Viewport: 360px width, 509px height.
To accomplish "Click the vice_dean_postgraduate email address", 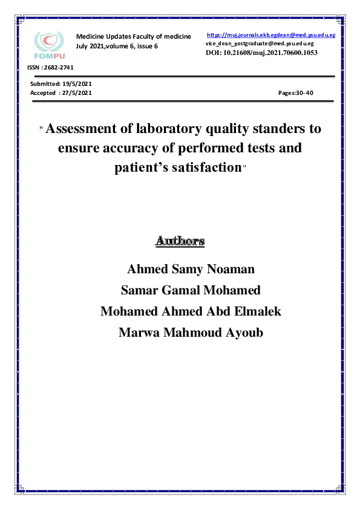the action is pos(260,44).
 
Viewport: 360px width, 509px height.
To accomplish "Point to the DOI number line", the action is pos(262,53).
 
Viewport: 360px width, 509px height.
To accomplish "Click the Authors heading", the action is pos(180,241).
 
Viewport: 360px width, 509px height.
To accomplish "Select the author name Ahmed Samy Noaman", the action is pos(191,268).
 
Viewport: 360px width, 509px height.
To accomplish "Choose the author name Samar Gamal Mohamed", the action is pos(191,290).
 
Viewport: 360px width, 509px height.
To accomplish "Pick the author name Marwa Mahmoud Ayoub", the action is pos(191,332).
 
